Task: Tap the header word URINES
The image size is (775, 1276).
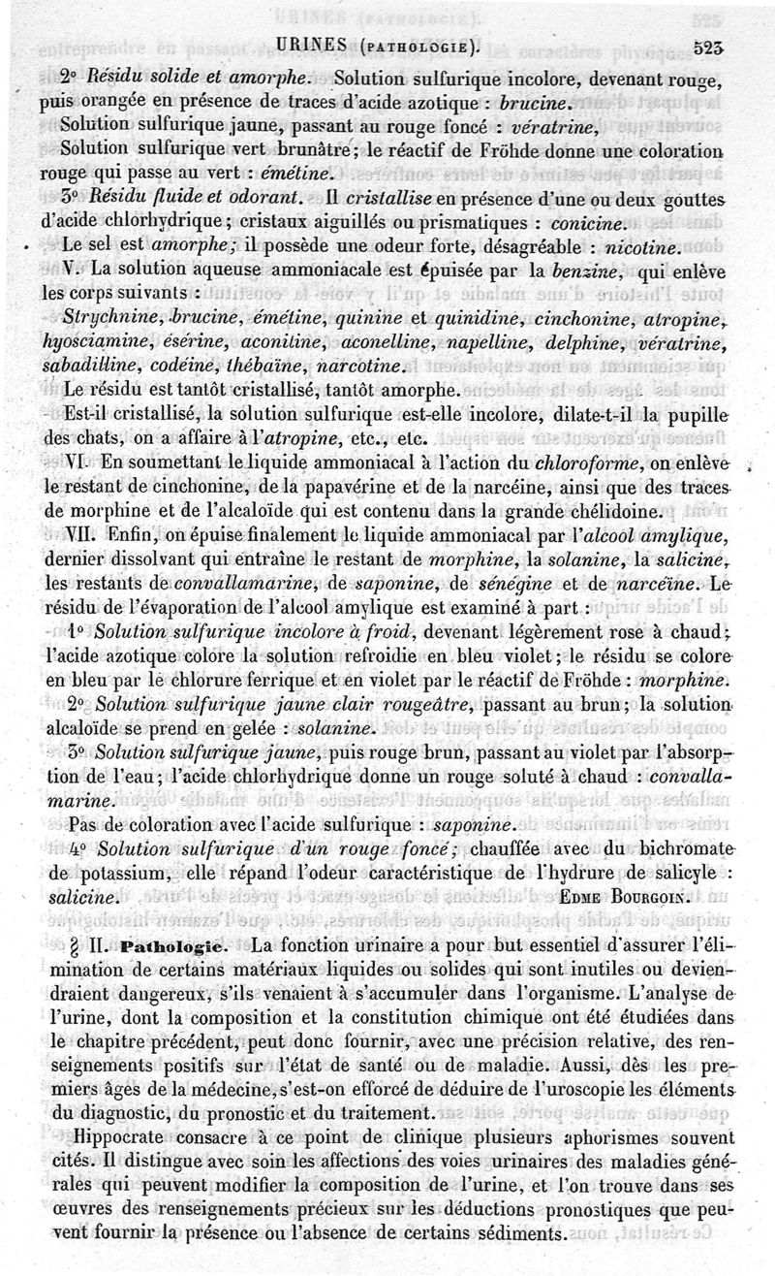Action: tap(312, 43)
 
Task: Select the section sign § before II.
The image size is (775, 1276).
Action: tap(65, 942)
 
